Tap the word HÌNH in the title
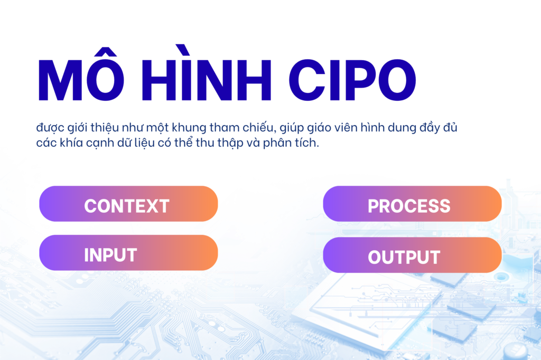point(207,72)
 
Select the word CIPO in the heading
point(352,80)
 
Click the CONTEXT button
point(128,204)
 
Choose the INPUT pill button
point(128,253)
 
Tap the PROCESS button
point(412,204)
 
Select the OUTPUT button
point(412,255)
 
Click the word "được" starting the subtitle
point(50,128)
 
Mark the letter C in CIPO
point(307,80)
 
